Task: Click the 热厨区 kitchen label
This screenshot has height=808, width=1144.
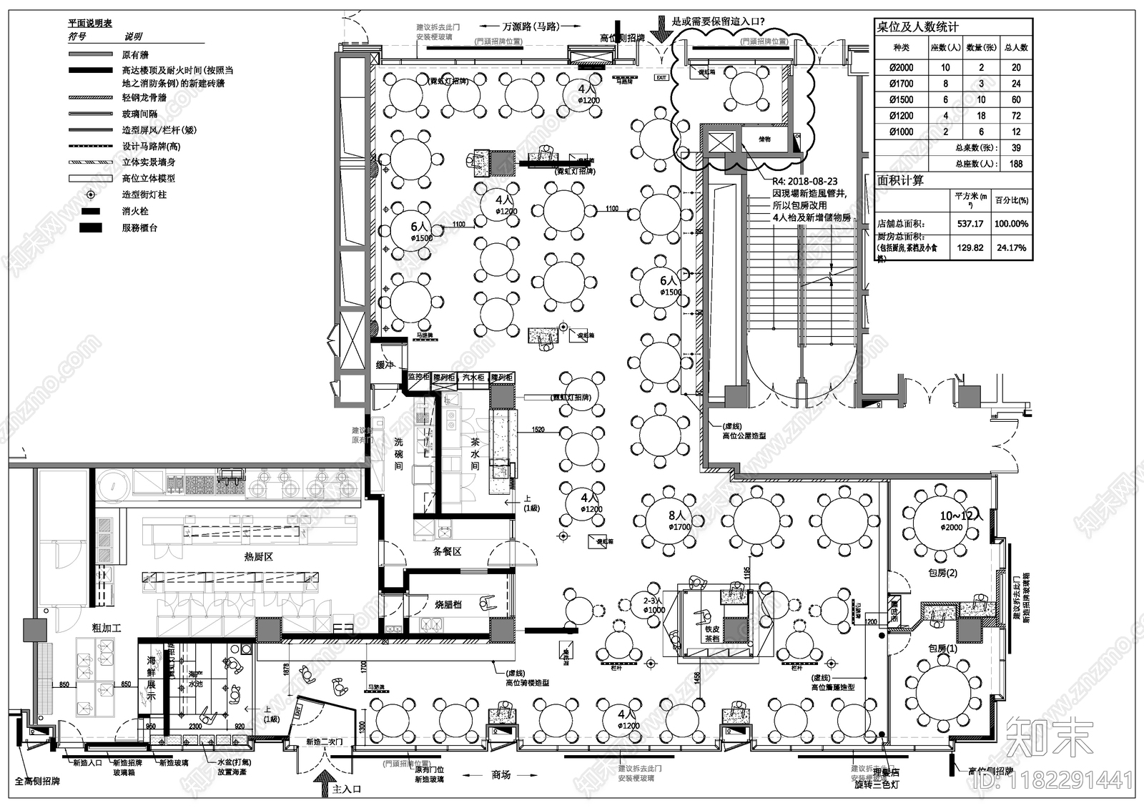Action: pyautogui.click(x=258, y=556)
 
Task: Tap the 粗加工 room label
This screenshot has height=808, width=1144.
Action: pyautogui.click(x=107, y=628)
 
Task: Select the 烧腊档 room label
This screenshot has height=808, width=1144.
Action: pyautogui.click(x=448, y=604)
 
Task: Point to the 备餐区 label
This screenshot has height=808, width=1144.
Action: pyautogui.click(x=447, y=552)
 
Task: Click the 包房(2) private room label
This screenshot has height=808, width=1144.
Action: pyautogui.click(x=942, y=573)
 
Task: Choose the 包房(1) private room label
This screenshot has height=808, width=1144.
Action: pyautogui.click(x=942, y=649)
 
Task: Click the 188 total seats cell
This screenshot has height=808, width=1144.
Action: pyautogui.click(x=1016, y=164)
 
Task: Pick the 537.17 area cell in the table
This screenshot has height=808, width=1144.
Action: pyautogui.click(x=970, y=224)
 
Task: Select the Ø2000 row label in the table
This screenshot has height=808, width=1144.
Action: pyautogui.click(x=901, y=67)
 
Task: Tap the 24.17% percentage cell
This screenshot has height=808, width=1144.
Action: pyautogui.click(x=1011, y=248)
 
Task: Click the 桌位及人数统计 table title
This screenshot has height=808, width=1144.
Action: pyautogui.click(x=917, y=27)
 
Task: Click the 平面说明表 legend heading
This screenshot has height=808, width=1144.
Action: pyautogui.click(x=90, y=24)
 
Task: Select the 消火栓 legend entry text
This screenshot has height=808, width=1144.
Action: pyautogui.click(x=135, y=212)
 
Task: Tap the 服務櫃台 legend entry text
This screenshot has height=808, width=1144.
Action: pyautogui.click(x=139, y=228)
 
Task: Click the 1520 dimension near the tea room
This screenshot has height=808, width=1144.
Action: pyautogui.click(x=538, y=430)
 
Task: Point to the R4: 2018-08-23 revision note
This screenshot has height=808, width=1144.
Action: pyautogui.click(x=804, y=182)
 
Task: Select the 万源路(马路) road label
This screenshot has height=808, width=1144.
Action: pyautogui.click(x=530, y=26)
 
